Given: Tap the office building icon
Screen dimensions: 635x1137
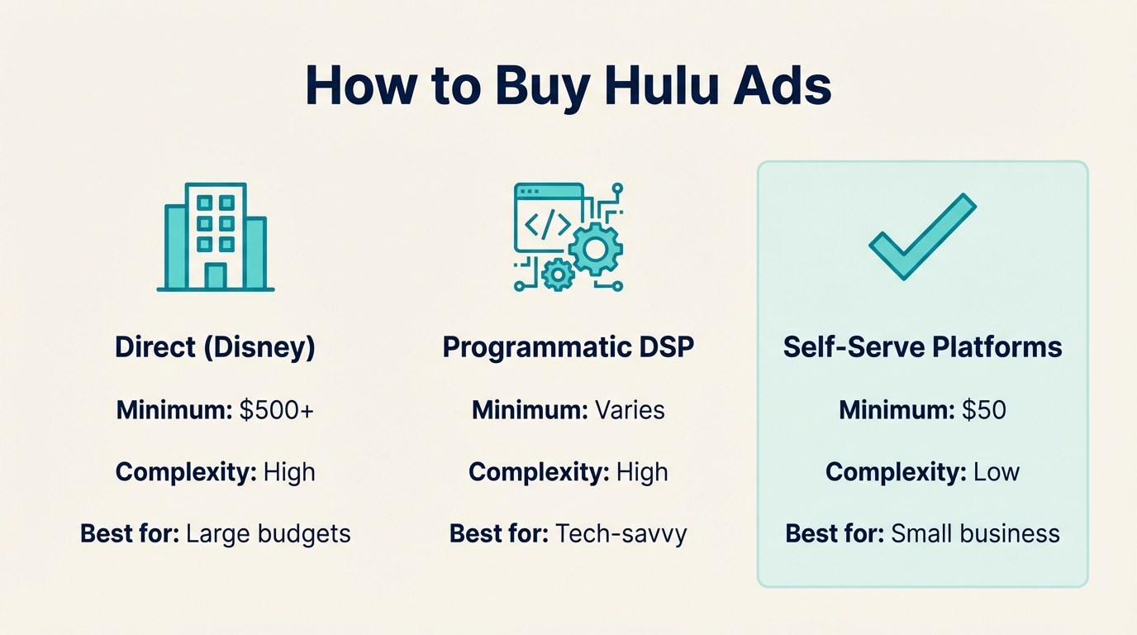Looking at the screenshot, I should (216, 237).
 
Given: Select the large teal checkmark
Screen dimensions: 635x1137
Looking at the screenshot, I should (922, 236).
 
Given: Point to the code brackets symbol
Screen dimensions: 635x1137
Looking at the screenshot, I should (546, 224).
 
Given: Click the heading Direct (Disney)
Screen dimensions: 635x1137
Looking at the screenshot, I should (216, 347).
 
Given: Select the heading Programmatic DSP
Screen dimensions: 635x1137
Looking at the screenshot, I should (568, 347).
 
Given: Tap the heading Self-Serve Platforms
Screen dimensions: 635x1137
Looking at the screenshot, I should (922, 347).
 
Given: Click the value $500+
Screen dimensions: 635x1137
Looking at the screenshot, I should (276, 410).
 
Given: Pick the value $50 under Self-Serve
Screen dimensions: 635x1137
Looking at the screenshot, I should (983, 410).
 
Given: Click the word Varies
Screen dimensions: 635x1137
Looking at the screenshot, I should (630, 410).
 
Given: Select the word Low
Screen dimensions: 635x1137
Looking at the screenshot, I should (996, 472).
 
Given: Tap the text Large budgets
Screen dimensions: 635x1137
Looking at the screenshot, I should (269, 534).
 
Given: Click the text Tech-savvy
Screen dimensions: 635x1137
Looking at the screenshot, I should (621, 534).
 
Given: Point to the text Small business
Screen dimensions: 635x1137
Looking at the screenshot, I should (975, 534).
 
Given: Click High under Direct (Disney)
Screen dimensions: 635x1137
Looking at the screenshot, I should (289, 472).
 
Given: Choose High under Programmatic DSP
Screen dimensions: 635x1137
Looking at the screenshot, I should (642, 472).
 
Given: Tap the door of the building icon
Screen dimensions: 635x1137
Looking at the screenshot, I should (216, 275).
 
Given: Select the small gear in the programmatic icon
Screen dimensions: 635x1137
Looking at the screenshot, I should (559, 274).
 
